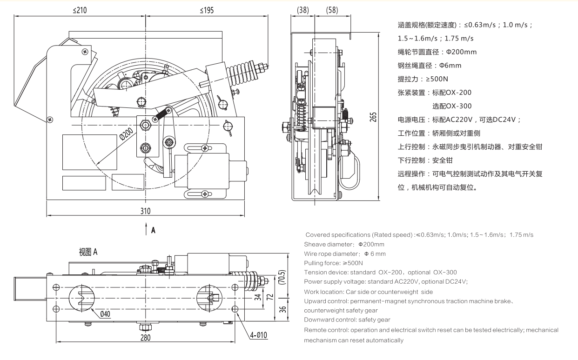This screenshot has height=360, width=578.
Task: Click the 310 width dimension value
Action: tap(145, 211)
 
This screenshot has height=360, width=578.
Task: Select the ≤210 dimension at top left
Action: tap(80, 10)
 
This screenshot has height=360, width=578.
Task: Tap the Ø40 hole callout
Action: tap(106, 314)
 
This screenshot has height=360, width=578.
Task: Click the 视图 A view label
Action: tap(88, 252)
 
